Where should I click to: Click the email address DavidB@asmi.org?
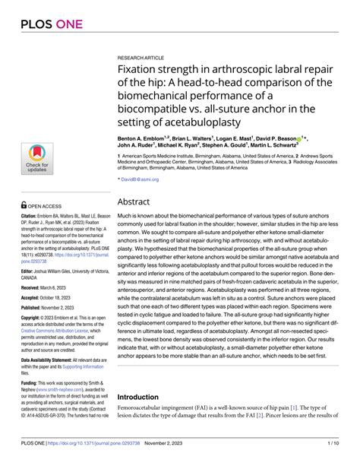140,179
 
